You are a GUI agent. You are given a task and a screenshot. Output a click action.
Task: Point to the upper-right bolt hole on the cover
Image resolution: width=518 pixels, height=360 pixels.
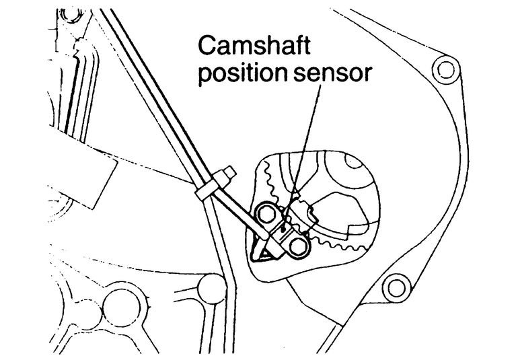coord(442,67)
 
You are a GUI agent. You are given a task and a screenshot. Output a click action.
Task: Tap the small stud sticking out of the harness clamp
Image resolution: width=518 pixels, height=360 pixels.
coord(229,174)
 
